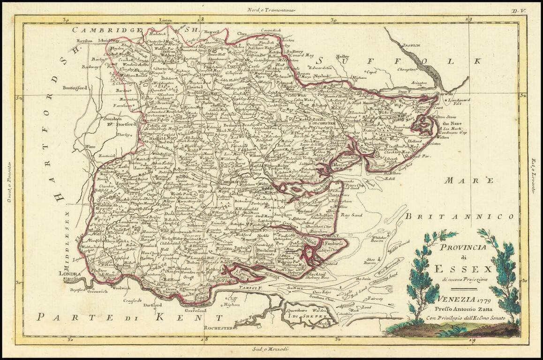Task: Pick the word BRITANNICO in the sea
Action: (460, 216)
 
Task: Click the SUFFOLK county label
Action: (401, 61)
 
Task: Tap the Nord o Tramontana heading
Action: (271, 9)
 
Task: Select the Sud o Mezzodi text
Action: (271, 350)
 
